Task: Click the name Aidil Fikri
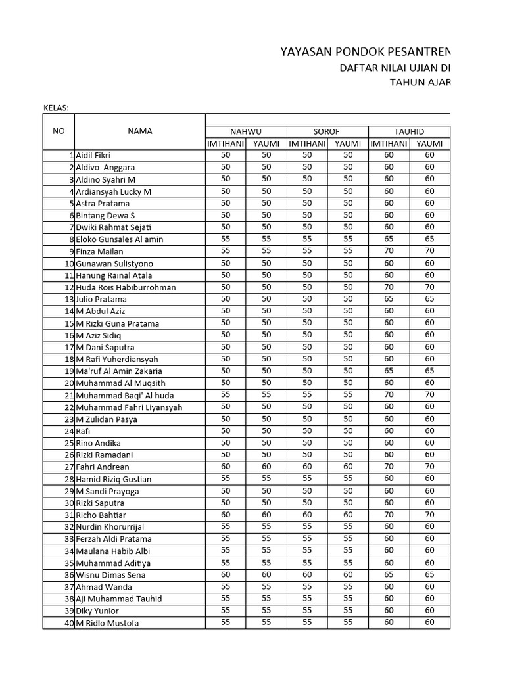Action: (x=93, y=156)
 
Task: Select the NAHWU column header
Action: (x=245, y=131)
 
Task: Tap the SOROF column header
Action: (x=327, y=131)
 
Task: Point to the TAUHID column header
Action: (x=408, y=131)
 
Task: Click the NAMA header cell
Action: (x=139, y=131)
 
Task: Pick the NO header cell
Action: (x=59, y=131)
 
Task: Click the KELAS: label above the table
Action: (x=56, y=108)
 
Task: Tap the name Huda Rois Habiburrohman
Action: (x=126, y=287)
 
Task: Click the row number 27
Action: (x=69, y=467)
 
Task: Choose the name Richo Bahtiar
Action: (x=101, y=515)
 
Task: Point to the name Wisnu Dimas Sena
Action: (x=110, y=575)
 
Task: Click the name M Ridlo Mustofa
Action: (x=107, y=623)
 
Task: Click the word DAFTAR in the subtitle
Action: (x=358, y=68)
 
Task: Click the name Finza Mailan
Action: (x=99, y=252)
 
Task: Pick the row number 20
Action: (x=69, y=383)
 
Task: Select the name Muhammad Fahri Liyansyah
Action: (x=129, y=407)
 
